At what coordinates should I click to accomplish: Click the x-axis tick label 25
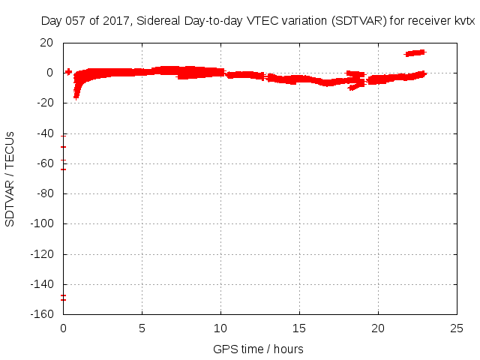click(x=457, y=328)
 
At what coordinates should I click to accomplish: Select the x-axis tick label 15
click(x=299, y=328)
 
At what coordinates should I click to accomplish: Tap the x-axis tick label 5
click(x=142, y=328)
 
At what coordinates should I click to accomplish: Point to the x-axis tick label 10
click(x=220, y=328)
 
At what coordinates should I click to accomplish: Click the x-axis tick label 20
click(x=378, y=328)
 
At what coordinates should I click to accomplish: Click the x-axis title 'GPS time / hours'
click(x=258, y=349)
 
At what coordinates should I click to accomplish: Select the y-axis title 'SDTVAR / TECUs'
click(x=10, y=178)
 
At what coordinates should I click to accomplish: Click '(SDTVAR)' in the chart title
click(x=358, y=20)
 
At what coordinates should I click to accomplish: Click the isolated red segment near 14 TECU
click(x=415, y=52)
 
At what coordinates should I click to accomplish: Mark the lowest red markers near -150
click(x=64, y=298)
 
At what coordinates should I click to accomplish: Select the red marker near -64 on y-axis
click(x=64, y=169)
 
